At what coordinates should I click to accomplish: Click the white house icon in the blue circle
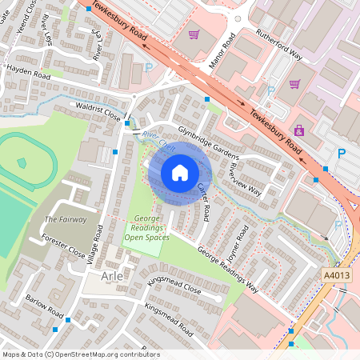(180, 173)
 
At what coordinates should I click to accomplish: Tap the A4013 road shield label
(336, 274)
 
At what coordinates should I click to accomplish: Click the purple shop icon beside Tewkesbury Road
(299, 130)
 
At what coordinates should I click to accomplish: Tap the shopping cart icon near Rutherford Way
(294, 83)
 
